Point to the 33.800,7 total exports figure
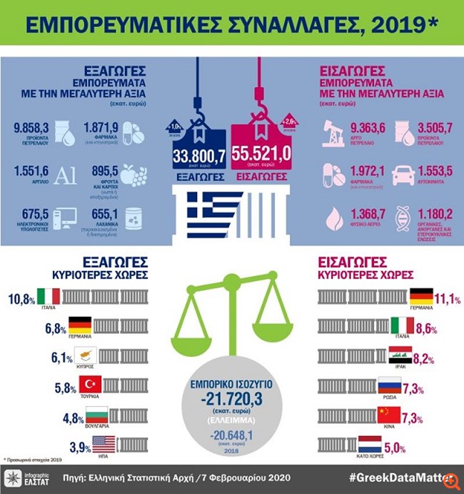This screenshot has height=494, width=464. pos(197,154)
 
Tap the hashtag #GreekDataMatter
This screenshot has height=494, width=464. pos(404,476)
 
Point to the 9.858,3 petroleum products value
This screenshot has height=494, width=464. pos(31,127)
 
